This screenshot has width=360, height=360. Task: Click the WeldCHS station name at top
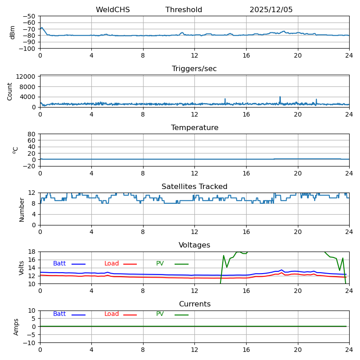[x=112, y=10]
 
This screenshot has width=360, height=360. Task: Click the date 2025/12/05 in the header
[x=271, y=10]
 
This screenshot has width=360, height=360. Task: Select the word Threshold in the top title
[x=184, y=10]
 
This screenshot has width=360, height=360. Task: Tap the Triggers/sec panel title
[x=194, y=69]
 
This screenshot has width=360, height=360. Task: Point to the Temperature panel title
[x=194, y=128]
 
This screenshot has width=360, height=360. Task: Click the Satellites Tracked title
[x=194, y=187]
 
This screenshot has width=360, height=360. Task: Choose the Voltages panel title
[x=194, y=245]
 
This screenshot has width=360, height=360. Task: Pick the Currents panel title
[x=194, y=304]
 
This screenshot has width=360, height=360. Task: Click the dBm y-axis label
[x=13, y=32]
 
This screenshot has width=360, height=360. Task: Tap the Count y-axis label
[x=10, y=91]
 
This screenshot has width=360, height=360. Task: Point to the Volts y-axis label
[x=22, y=268]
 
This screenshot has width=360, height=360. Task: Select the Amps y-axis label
[x=16, y=327]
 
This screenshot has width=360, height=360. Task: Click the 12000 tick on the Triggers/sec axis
[x=27, y=76]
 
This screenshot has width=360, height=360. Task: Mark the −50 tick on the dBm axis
[x=29, y=16]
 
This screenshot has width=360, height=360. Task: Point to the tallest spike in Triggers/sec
[x=280, y=97]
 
